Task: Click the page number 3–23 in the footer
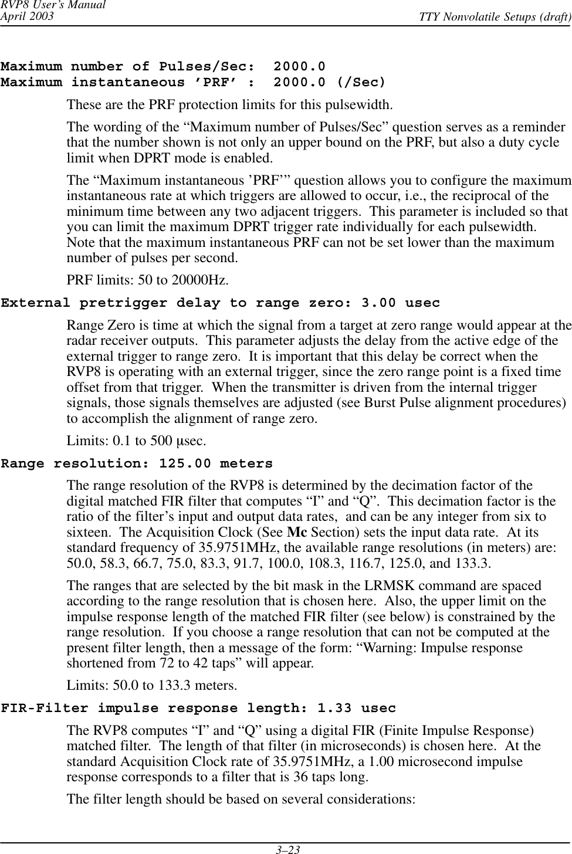pyautogui.click(x=286, y=849)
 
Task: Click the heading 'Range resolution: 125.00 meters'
pyautogui.click(x=137, y=464)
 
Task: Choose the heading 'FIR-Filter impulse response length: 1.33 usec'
pyautogui.click(x=198, y=709)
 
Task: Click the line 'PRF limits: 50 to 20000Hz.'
pyautogui.click(x=148, y=280)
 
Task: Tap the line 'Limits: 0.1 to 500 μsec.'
pyautogui.click(x=137, y=440)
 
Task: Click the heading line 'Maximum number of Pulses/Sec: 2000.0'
pyautogui.click(x=163, y=67)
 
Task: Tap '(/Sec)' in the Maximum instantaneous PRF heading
pyautogui.click(x=362, y=82)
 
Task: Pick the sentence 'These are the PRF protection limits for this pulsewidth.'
pyautogui.click(x=230, y=106)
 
